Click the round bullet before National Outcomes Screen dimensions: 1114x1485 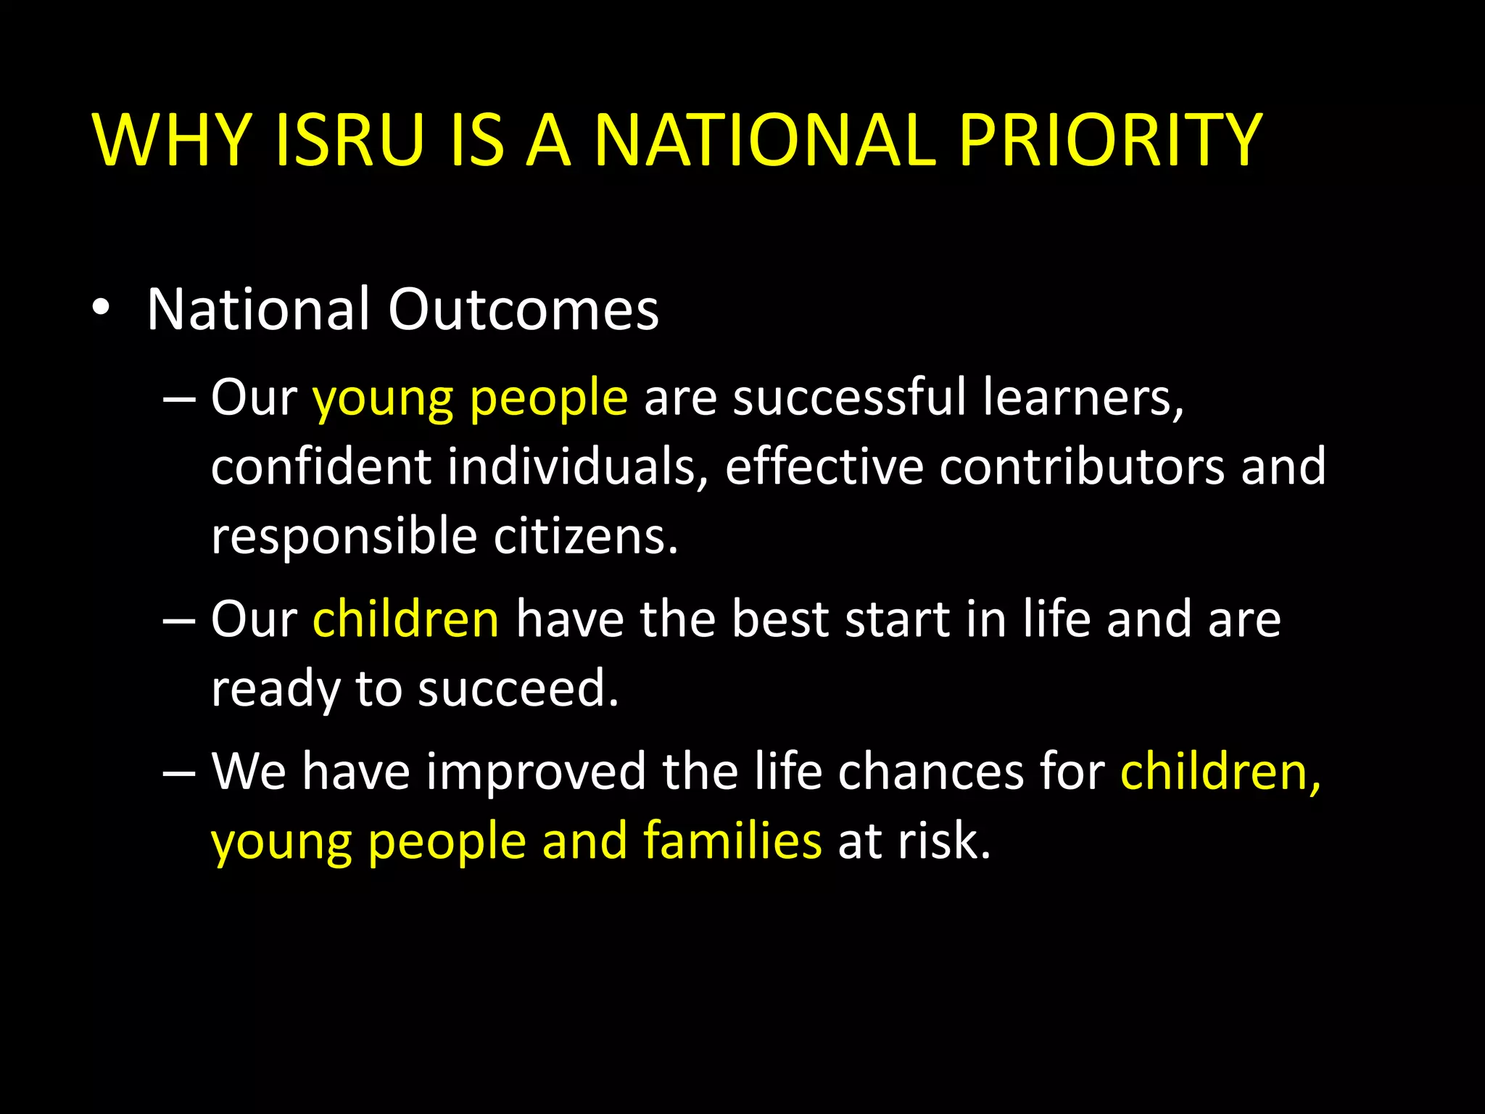point(101,310)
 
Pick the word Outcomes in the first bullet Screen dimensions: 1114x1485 point(523,310)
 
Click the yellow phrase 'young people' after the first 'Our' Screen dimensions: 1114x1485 point(470,399)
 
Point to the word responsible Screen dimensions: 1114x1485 point(344,537)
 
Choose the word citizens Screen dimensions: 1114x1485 point(586,536)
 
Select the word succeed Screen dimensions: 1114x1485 point(518,688)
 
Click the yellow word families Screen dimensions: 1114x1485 point(732,841)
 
